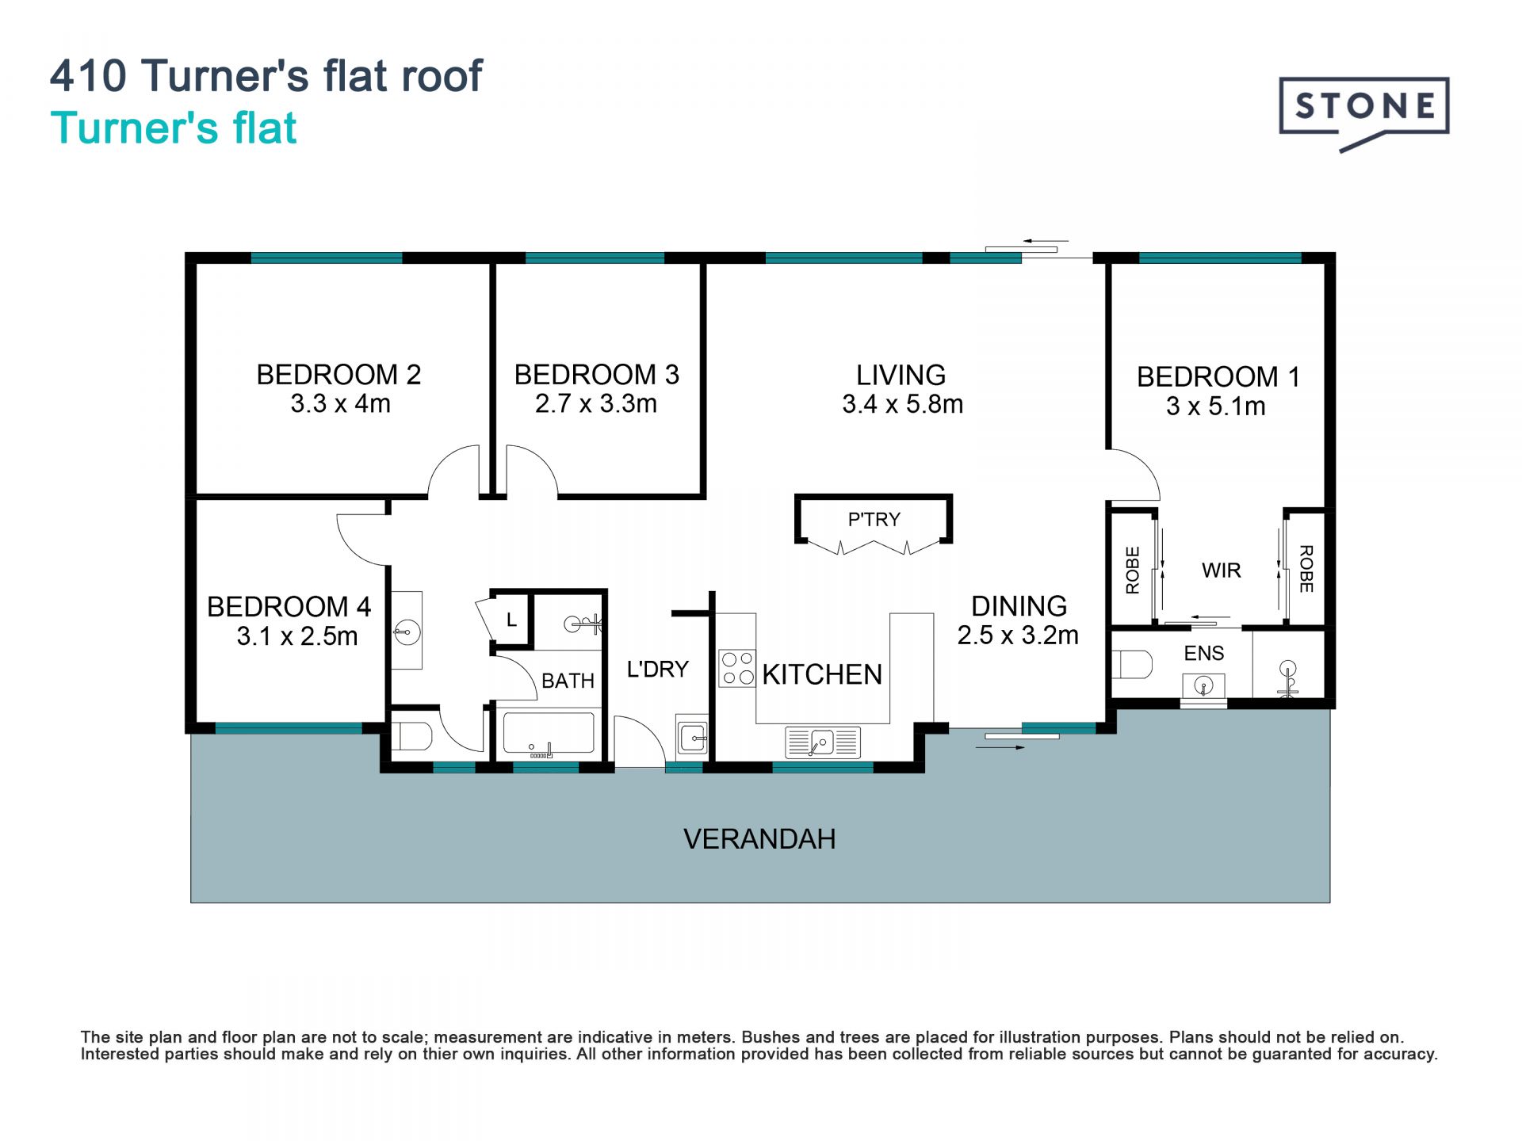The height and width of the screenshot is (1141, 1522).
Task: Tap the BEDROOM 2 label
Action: (338, 375)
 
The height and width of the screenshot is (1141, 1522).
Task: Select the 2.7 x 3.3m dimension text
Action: (596, 404)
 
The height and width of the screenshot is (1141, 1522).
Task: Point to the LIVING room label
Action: (901, 375)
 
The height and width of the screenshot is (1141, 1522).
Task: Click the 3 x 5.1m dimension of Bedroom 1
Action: (1216, 406)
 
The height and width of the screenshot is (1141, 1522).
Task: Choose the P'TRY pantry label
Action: (874, 520)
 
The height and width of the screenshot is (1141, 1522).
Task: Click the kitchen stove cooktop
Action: (737, 668)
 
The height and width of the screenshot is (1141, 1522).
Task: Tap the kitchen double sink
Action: (822, 742)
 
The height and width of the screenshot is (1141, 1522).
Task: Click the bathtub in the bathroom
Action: (549, 733)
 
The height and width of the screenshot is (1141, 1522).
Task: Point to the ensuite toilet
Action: (1131, 664)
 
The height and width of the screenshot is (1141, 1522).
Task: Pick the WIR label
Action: (1221, 570)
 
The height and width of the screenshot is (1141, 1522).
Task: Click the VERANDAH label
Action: (759, 839)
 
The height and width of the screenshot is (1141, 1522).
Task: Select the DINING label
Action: (1019, 606)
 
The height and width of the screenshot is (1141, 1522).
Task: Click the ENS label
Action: (1204, 654)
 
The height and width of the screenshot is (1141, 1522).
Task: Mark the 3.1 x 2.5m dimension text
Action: (297, 636)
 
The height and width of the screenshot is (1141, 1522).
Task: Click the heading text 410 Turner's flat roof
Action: (266, 76)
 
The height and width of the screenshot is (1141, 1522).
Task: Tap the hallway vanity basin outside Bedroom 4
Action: (407, 631)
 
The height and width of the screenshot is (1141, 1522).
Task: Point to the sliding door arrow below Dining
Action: (1000, 746)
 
